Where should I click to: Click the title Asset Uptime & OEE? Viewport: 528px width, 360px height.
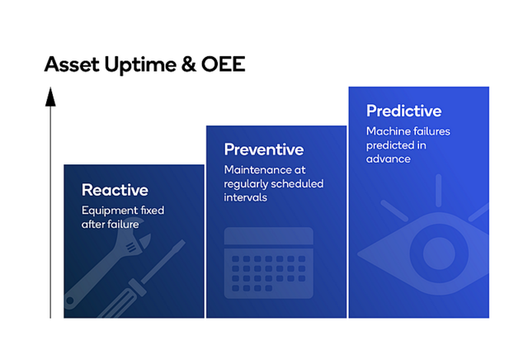coord(144,64)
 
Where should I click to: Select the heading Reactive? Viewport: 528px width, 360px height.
coord(115,190)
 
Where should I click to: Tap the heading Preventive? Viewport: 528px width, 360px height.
coord(264,149)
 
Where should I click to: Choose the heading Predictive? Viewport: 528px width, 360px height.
coord(403,111)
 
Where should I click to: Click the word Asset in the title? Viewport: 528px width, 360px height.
coord(68,64)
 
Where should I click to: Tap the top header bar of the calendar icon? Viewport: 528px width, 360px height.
coord(269,237)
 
